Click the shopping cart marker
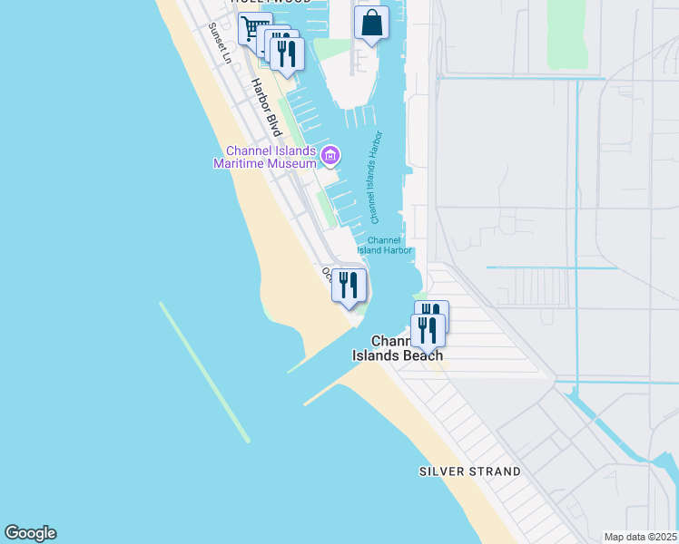(253, 27)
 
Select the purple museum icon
(330, 157)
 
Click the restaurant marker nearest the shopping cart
(285, 53)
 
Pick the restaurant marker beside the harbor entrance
(349, 286)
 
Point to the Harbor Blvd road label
(267, 106)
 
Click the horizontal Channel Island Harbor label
(385, 245)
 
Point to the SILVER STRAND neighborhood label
(469, 471)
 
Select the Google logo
(30, 533)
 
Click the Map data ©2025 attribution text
(640, 537)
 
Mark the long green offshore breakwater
(204, 372)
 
